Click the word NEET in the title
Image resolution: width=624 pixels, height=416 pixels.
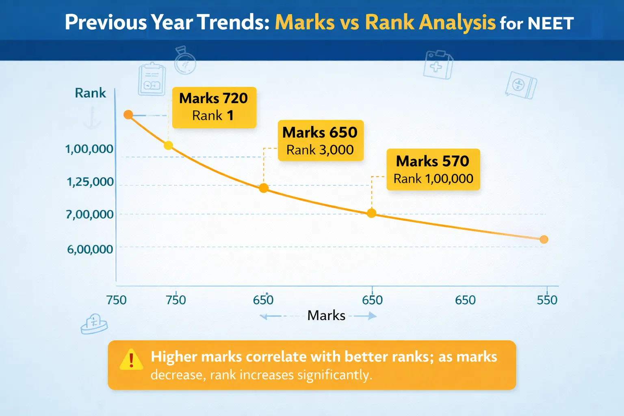pyautogui.click(x=550, y=23)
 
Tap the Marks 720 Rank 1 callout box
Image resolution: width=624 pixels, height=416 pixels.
pyautogui.click(x=214, y=107)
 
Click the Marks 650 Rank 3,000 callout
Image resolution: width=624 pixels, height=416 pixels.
pyautogui.click(x=320, y=141)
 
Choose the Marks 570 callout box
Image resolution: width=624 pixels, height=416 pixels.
pyautogui.click(x=433, y=169)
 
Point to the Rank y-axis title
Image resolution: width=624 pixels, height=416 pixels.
pyautogui.click(x=90, y=93)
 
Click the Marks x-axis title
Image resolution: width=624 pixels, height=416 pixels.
pyautogui.click(x=326, y=316)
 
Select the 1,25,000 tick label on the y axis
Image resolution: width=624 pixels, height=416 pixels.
pyautogui.click(x=90, y=182)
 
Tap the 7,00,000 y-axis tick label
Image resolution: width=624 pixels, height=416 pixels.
pyautogui.click(x=90, y=214)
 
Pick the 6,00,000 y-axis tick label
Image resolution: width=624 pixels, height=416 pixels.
pyautogui.click(x=90, y=249)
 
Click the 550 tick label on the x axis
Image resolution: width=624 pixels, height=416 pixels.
pyautogui.click(x=547, y=300)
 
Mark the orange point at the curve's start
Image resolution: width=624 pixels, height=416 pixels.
pyautogui.click(x=128, y=115)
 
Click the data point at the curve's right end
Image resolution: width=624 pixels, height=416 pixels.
pyautogui.click(x=544, y=240)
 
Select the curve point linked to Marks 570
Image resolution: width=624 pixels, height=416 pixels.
pyautogui.click(x=371, y=213)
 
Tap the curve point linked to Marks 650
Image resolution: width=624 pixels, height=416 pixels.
pyautogui.click(x=264, y=188)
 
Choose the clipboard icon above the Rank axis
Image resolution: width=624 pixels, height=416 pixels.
pyautogui.click(x=152, y=79)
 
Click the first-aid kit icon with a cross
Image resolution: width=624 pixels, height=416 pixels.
pyautogui.click(x=438, y=65)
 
